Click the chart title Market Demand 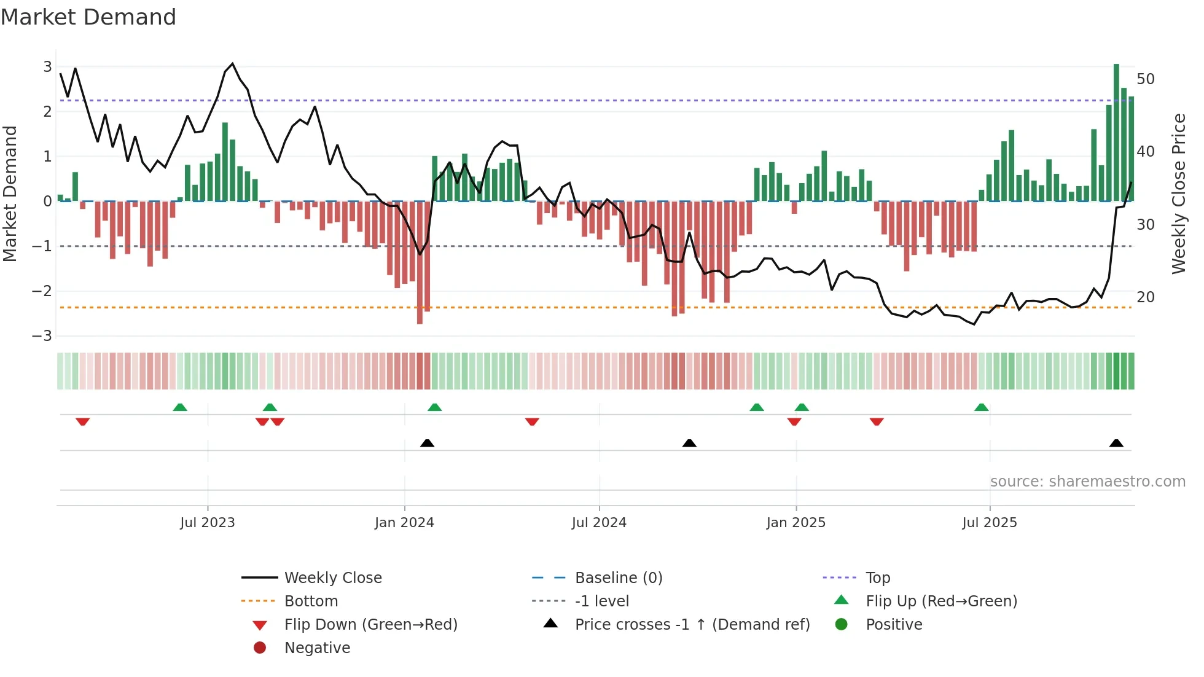(88, 17)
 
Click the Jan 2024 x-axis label (404, 523)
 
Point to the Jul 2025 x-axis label (990, 523)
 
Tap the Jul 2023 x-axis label (208, 523)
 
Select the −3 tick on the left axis (42, 336)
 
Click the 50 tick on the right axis (1145, 79)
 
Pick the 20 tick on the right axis (1145, 297)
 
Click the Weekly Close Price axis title (1178, 194)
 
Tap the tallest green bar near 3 (1116, 132)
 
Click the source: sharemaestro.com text (1087, 482)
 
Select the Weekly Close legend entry (332, 578)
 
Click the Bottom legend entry (311, 601)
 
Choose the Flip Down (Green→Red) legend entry (370, 625)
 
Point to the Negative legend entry (317, 648)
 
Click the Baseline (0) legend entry (618, 578)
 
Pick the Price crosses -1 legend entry (692, 625)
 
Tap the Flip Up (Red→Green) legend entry (941, 601)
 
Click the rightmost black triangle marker (1116, 444)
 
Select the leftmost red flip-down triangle (83, 421)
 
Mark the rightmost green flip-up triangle (982, 407)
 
